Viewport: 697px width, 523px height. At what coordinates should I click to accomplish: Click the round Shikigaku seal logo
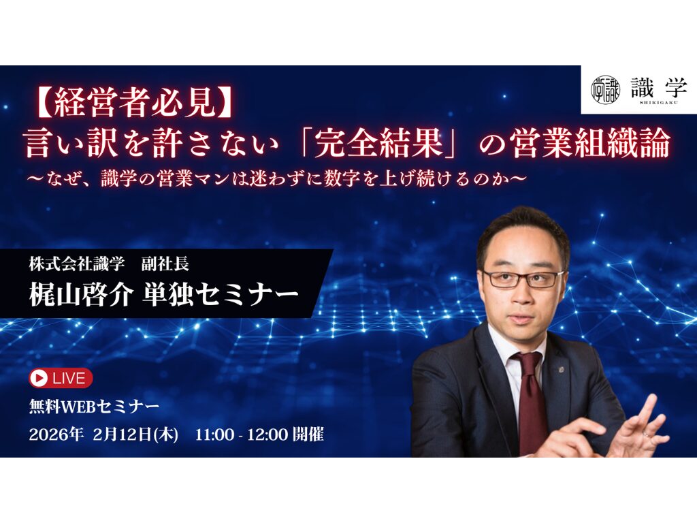point(604,89)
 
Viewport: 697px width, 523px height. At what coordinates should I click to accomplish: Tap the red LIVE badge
point(61,378)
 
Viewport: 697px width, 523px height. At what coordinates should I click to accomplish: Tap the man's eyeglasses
point(523,279)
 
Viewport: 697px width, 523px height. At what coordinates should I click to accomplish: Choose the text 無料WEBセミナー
point(95,407)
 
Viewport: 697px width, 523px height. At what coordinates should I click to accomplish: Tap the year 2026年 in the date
point(56,434)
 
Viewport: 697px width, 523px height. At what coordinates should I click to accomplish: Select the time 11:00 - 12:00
point(241,434)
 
